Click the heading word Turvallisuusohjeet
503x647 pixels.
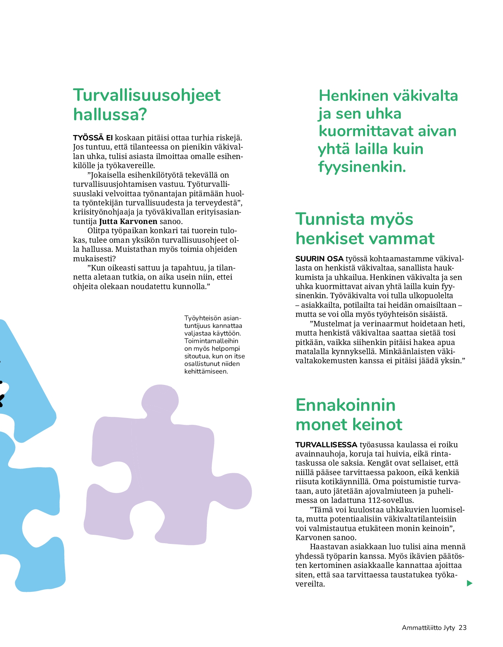tap(147, 95)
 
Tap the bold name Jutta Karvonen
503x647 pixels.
tap(128, 221)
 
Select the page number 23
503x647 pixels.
tap(462, 628)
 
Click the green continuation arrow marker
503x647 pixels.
tap(470, 583)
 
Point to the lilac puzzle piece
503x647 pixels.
tap(167, 468)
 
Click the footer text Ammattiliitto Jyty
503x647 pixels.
tap(428, 628)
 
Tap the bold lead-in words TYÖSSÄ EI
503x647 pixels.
tap(93, 138)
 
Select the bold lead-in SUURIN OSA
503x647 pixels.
tap(319, 259)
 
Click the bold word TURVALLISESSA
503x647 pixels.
tap(326, 445)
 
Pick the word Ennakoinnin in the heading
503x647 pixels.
tap(345, 405)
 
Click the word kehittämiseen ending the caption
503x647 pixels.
tap(206, 371)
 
